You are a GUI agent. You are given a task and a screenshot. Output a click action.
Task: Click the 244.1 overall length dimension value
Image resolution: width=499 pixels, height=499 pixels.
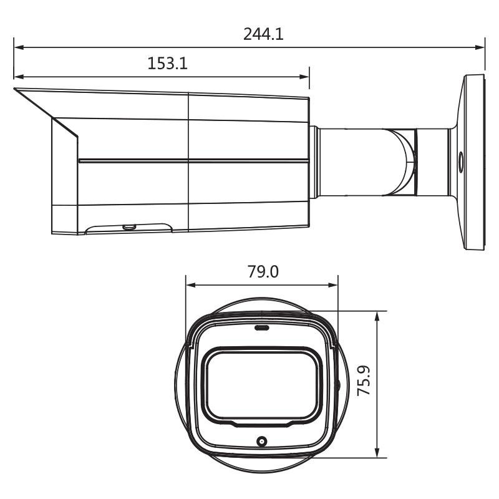(x=263, y=34)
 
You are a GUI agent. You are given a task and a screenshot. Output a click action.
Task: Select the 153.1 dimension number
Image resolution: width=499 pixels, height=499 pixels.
(x=168, y=64)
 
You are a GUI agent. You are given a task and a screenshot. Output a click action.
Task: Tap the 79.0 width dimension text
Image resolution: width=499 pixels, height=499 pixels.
(x=262, y=273)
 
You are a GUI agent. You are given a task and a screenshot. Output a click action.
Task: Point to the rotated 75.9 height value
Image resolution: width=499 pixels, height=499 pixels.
(x=365, y=381)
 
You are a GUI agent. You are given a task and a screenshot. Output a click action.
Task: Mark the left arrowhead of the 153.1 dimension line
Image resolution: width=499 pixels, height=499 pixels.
(x=18, y=77)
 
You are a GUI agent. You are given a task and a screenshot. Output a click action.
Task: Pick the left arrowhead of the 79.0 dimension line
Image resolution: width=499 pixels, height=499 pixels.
(x=191, y=286)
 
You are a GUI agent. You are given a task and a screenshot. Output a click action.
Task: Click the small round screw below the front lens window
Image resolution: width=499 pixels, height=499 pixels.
(x=262, y=442)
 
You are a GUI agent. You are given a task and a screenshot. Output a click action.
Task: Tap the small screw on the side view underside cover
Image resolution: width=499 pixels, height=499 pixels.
(x=129, y=227)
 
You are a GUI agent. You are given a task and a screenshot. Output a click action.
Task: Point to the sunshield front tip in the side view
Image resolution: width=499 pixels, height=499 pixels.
(x=16, y=89)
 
